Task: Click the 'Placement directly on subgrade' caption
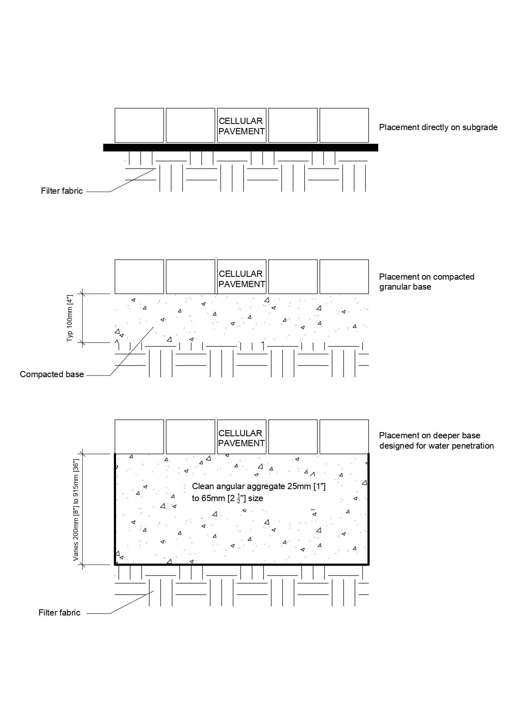438,127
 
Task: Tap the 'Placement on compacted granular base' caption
427,281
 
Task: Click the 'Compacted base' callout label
52,374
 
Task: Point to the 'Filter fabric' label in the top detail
62,191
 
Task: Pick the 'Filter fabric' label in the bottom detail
59,613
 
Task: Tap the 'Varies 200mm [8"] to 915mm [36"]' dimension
76,509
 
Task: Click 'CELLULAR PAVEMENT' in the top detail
242,126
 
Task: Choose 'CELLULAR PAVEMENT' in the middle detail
242,279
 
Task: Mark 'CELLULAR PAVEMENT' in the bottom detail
242,438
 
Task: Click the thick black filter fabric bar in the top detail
240,147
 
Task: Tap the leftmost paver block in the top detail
139,125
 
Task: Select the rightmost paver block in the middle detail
344,276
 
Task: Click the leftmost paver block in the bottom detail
139,437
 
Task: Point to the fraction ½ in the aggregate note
238,498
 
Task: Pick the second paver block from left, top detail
190,125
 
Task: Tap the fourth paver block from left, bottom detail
293,437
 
